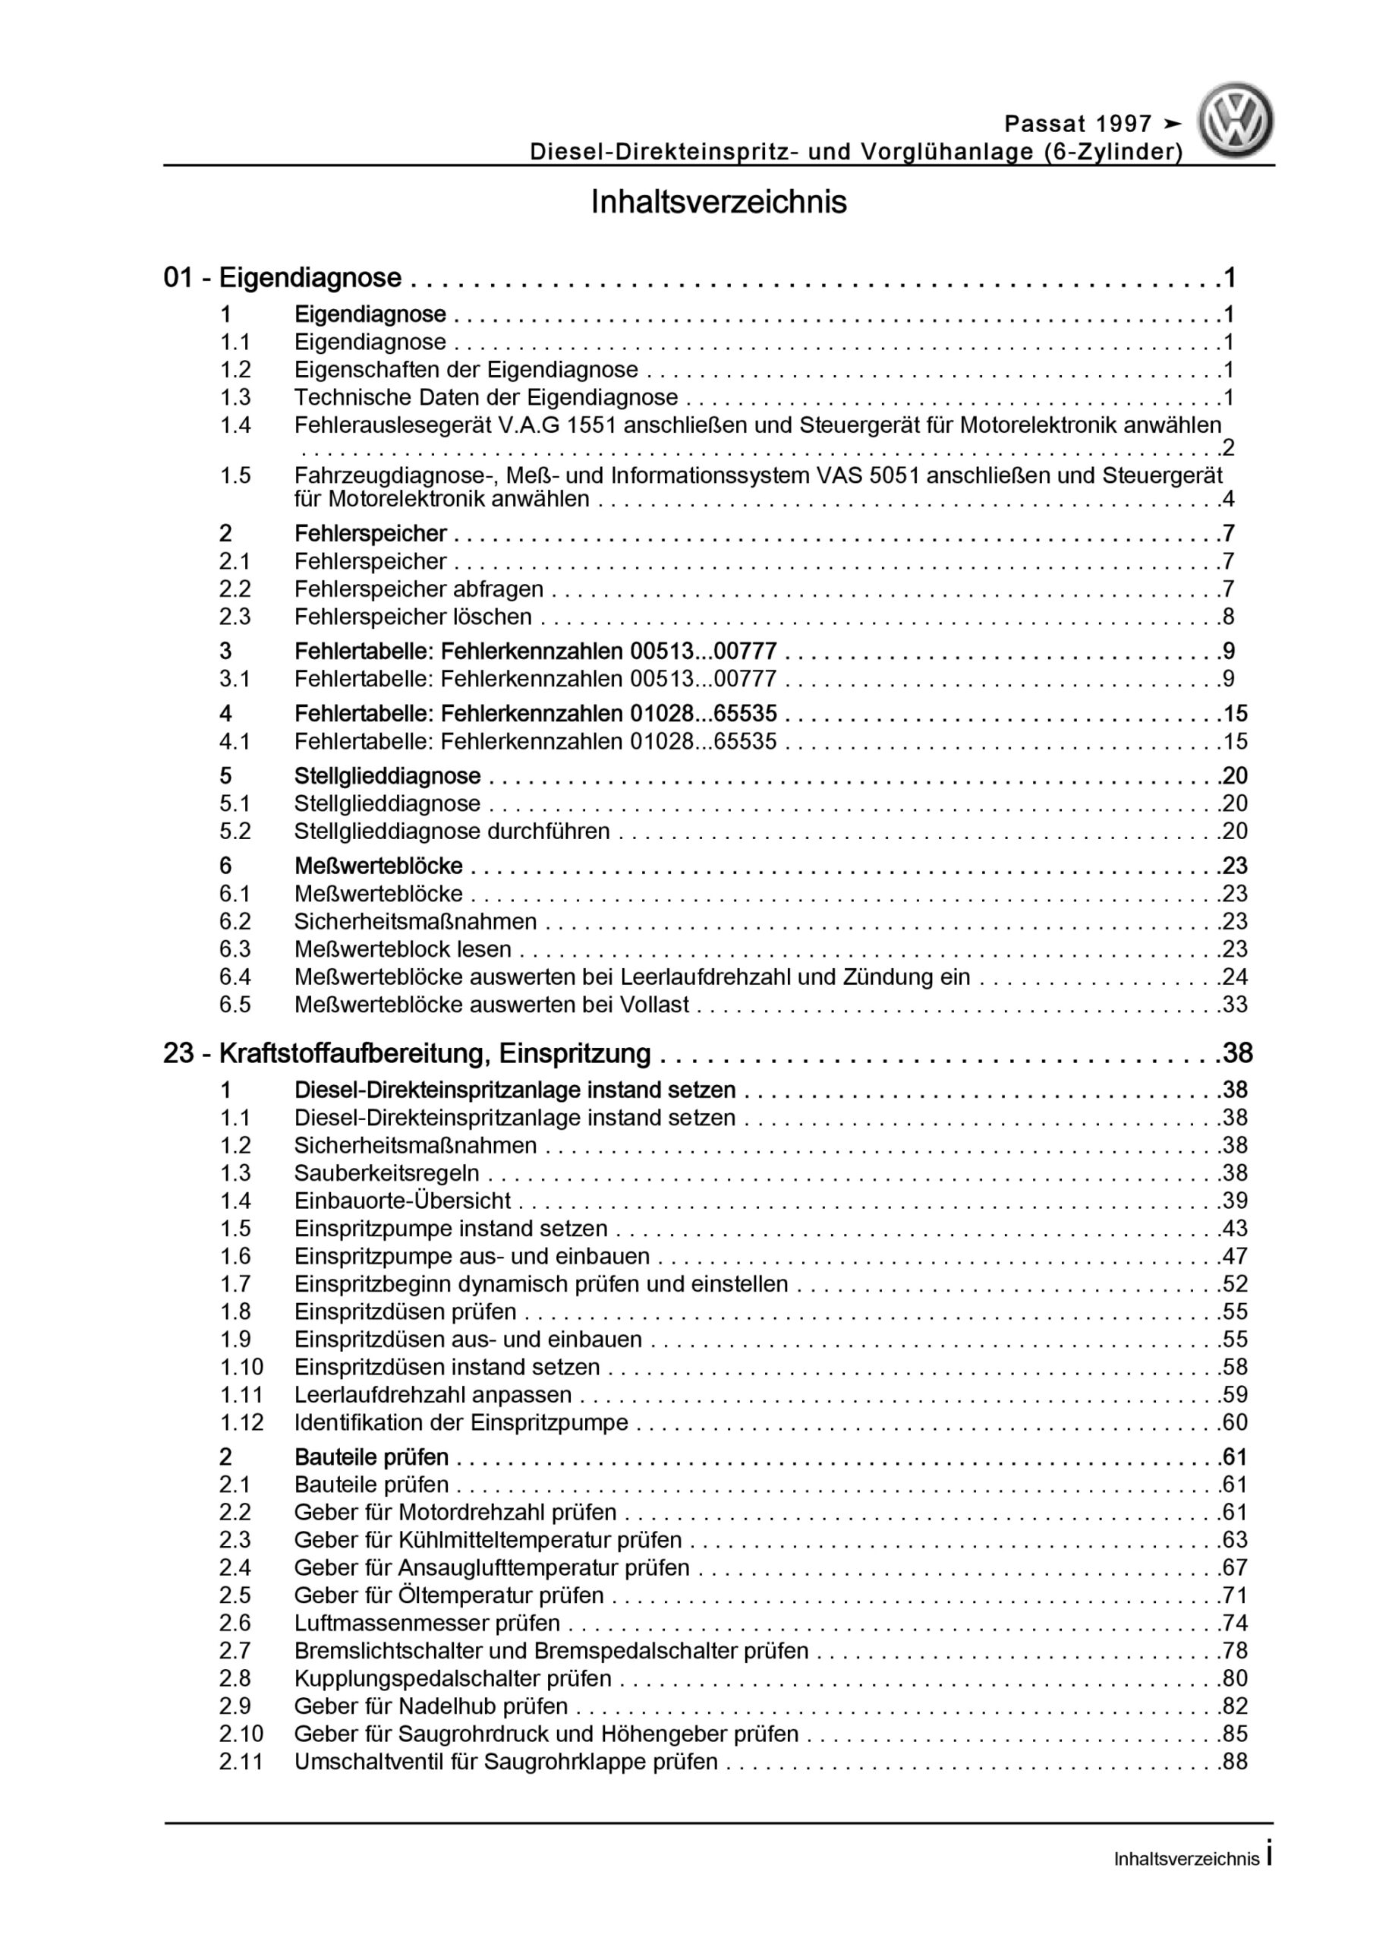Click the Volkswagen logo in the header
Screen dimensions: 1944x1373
point(1235,120)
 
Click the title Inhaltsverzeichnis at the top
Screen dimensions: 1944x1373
point(719,202)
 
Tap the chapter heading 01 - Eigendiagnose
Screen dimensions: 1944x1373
point(283,278)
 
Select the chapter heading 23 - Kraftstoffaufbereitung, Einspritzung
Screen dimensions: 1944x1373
point(407,1053)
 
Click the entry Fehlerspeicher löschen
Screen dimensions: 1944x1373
point(413,617)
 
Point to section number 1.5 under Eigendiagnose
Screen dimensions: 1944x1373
point(235,476)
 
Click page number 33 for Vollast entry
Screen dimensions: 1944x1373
point(1234,1004)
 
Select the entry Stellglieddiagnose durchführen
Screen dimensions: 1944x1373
point(452,831)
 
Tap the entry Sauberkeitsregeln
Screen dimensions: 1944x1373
point(387,1172)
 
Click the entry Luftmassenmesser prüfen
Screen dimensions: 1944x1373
point(427,1622)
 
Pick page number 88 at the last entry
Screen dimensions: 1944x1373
point(1234,1761)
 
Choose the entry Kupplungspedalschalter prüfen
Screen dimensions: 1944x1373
point(453,1678)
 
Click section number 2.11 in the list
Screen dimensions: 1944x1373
point(241,1761)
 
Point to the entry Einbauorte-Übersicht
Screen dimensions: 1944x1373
point(403,1201)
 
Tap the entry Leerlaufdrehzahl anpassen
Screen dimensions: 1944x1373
point(433,1393)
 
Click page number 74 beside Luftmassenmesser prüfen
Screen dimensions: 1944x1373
point(1234,1622)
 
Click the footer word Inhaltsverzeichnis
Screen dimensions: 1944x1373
point(1186,1860)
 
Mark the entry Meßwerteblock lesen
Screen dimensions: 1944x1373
point(403,949)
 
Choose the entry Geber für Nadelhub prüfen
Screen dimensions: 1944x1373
point(431,1706)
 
